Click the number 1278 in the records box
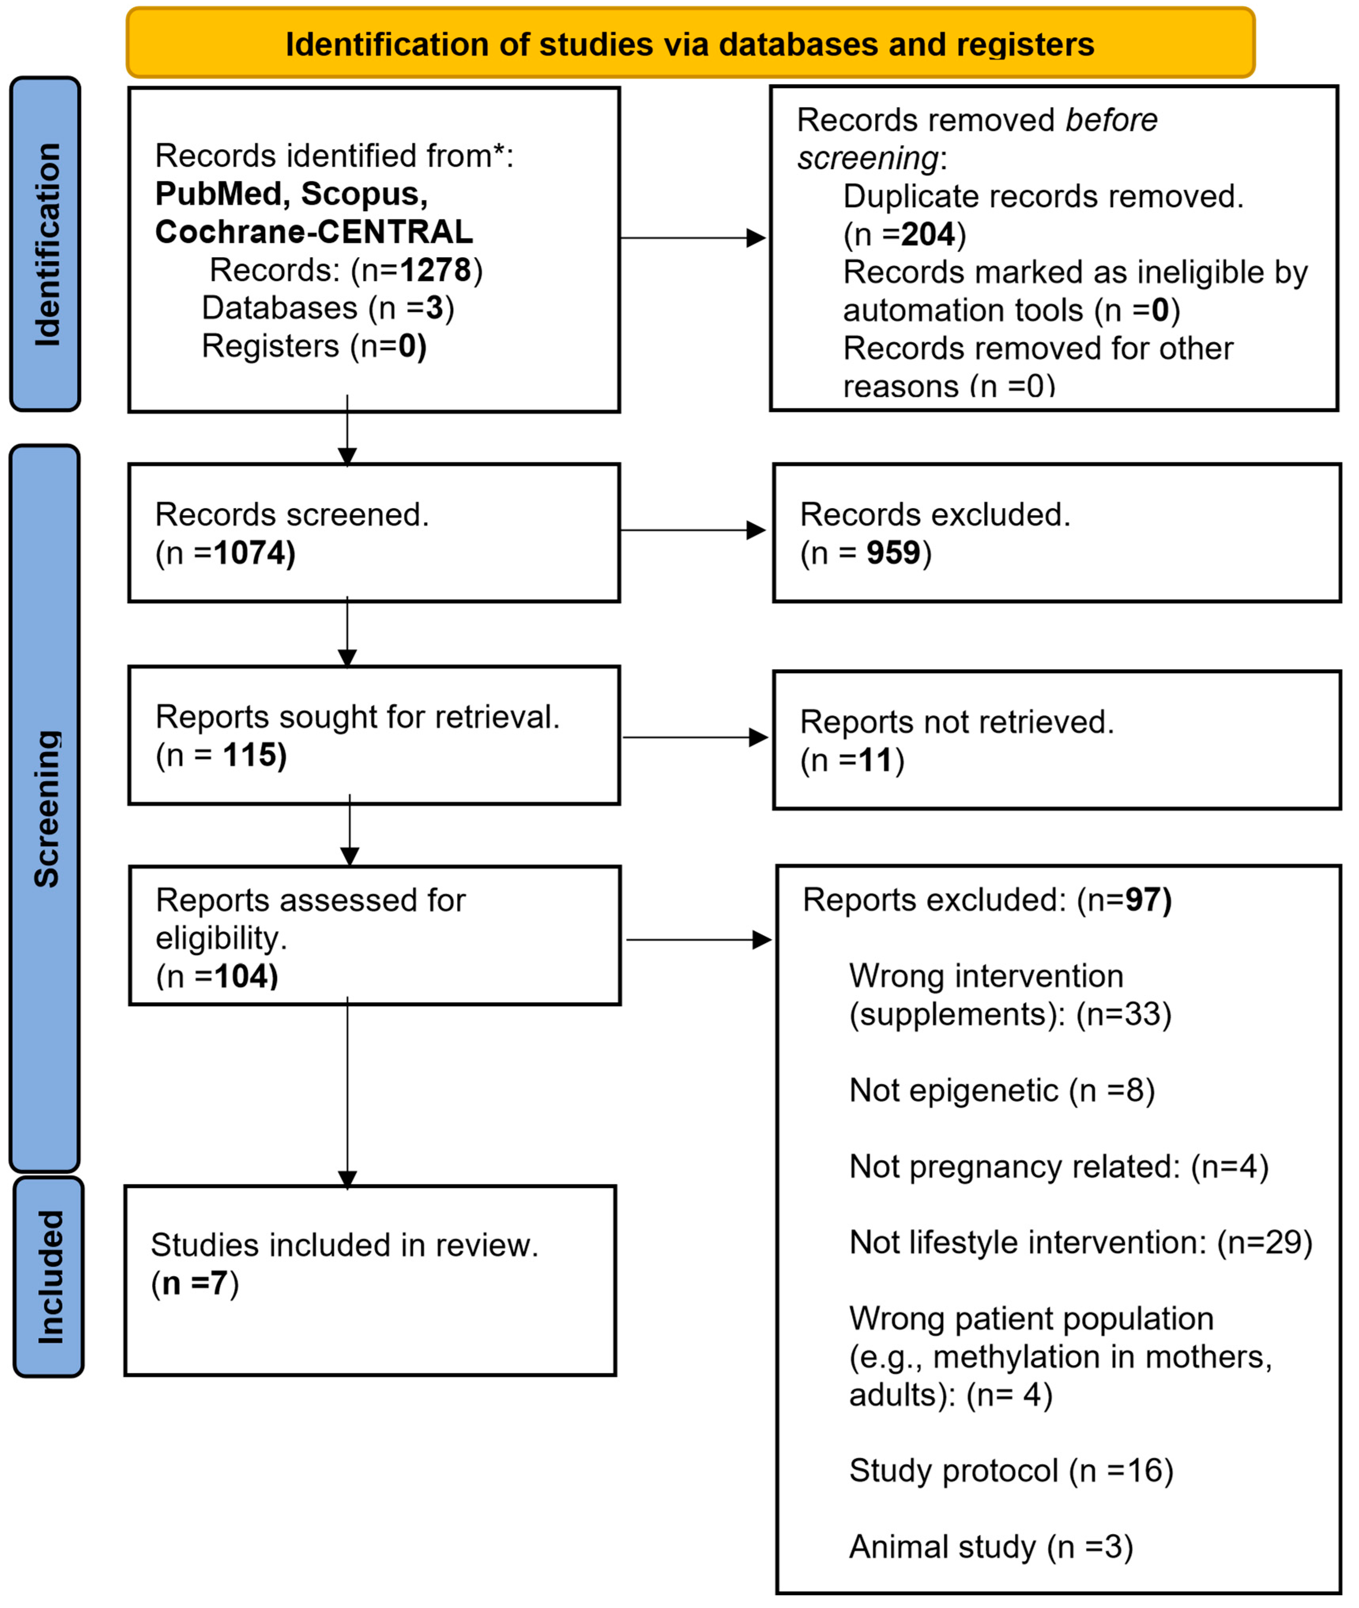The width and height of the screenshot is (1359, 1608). click(435, 271)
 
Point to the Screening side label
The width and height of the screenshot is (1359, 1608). click(46, 809)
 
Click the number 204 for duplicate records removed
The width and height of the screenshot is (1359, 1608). click(928, 234)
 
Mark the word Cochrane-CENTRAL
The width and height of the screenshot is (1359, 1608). click(314, 232)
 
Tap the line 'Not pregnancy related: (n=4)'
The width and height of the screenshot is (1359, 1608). click(1058, 1167)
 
